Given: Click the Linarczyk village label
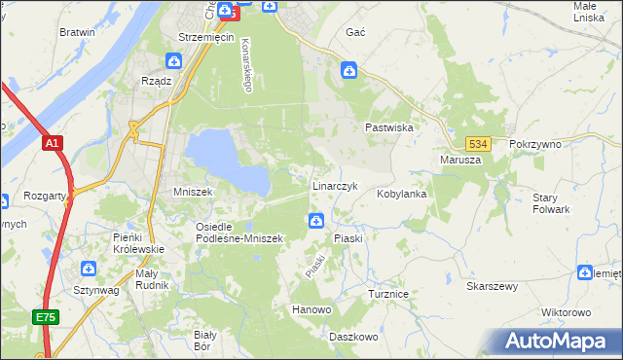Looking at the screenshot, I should click(335, 185).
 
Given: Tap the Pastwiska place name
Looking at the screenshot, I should click(390, 127).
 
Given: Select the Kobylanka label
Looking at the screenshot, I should click(402, 194).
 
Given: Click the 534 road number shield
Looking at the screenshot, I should click(476, 143).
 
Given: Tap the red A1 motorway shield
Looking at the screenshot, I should click(53, 144).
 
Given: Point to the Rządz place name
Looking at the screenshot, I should click(157, 81).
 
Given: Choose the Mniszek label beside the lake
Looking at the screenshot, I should click(192, 192).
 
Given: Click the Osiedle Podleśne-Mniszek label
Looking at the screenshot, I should click(238, 232).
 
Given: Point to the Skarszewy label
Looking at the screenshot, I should click(492, 287).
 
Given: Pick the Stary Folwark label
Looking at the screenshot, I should click(551, 203).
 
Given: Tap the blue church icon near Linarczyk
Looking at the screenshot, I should click(316, 222).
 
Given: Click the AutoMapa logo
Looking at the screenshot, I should click(558, 341).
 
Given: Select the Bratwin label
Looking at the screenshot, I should click(77, 32).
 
